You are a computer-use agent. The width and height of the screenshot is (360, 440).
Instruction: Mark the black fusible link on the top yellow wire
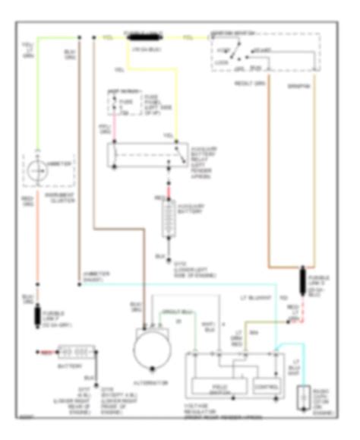144,36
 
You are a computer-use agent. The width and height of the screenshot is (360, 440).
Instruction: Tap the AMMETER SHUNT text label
97,274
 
